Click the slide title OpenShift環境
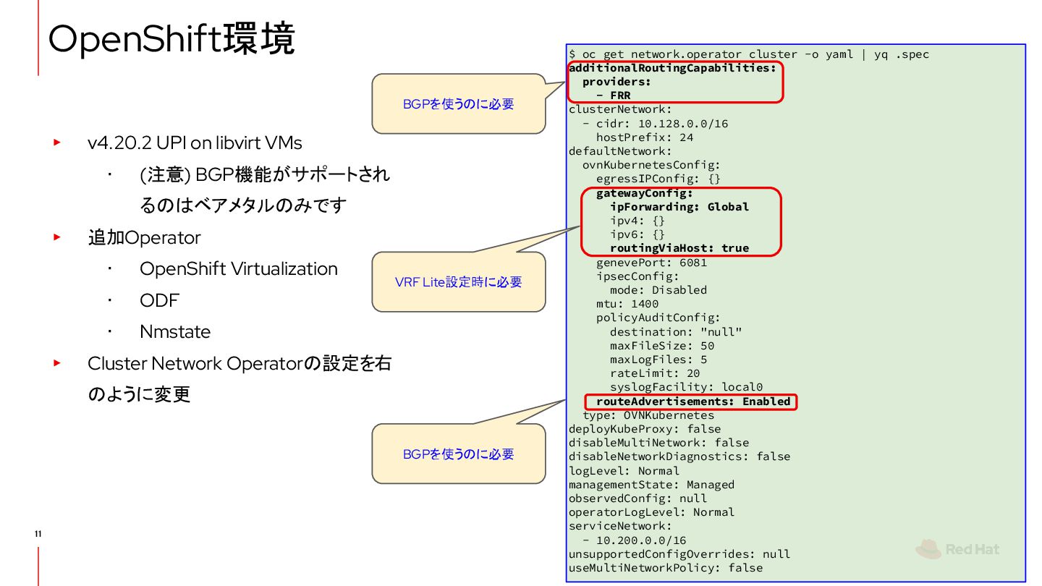tap(171, 39)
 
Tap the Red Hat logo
tap(957, 550)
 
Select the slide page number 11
tap(38, 534)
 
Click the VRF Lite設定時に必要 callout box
tap(458, 282)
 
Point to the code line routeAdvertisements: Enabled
tap(692, 402)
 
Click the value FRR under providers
tap(620, 95)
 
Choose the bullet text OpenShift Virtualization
tap(238, 269)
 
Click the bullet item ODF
tap(159, 300)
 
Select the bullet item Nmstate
tap(175, 332)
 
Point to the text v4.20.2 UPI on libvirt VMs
tap(195, 143)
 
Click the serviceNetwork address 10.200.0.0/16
tap(640, 540)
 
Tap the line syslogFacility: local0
tap(686, 387)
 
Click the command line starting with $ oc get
tap(749, 54)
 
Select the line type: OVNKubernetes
tap(648, 415)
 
